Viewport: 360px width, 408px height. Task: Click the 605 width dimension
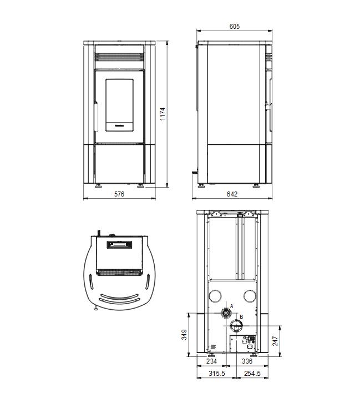click(234, 27)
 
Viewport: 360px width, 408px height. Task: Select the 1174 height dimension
click(163, 114)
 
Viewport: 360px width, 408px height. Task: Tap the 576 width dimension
click(119, 194)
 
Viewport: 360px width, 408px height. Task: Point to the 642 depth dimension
click(232, 194)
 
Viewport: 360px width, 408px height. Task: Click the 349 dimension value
click(184, 334)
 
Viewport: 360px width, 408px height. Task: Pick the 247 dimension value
click(275, 341)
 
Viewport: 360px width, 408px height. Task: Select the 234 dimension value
click(211, 361)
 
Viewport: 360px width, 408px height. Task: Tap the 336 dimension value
click(247, 361)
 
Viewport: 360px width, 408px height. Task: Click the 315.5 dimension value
click(217, 374)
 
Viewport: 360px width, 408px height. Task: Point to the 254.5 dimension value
click(252, 374)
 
